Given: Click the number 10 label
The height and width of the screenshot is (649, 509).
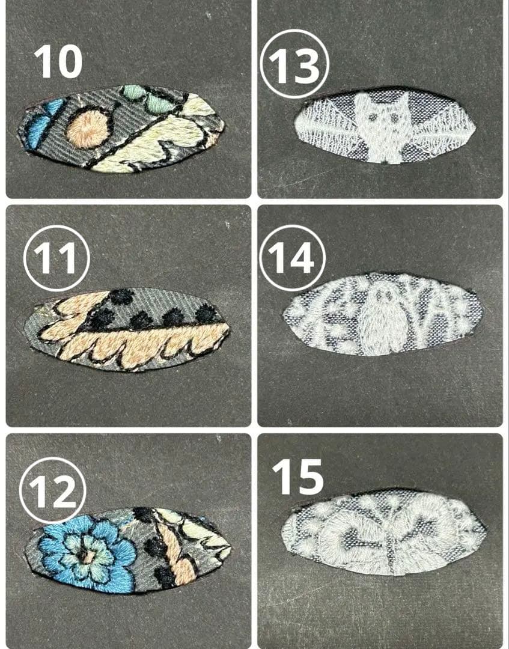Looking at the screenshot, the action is pyautogui.click(x=58, y=62).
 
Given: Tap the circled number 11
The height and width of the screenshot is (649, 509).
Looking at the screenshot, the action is pyautogui.click(x=56, y=258).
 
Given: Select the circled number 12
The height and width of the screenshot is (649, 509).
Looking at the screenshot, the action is pyautogui.click(x=52, y=490).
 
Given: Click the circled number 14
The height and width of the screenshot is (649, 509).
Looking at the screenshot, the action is pyautogui.click(x=292, y=258).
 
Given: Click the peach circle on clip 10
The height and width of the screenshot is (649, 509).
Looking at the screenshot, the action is pyautogui.click(x=89, y=128).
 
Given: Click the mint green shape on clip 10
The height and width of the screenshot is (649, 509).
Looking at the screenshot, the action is pyautogui.click(x=148, y=99).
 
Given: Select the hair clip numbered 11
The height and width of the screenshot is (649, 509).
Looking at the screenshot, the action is pyautogui.click(x=127, y=329).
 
